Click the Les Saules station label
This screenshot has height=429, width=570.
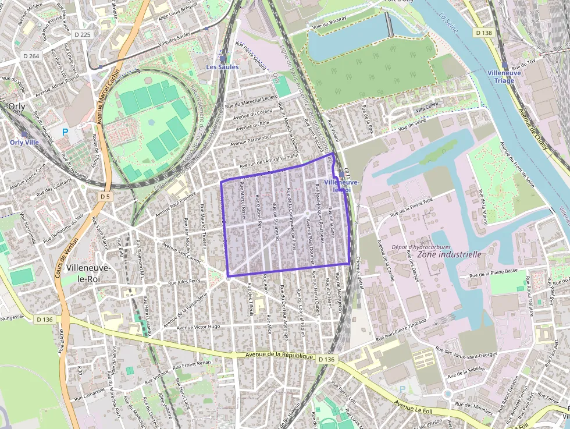point(222,67)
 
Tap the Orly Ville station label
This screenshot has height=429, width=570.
point(24,141)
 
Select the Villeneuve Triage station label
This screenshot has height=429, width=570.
point(504,76)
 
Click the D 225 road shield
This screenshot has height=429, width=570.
point(83,35)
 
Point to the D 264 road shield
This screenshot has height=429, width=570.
point(31,56)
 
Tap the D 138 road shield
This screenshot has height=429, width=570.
point(483,33)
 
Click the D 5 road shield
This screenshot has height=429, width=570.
point(105,197)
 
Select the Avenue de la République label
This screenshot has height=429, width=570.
point(279,356)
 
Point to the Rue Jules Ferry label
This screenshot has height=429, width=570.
point(184,282)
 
